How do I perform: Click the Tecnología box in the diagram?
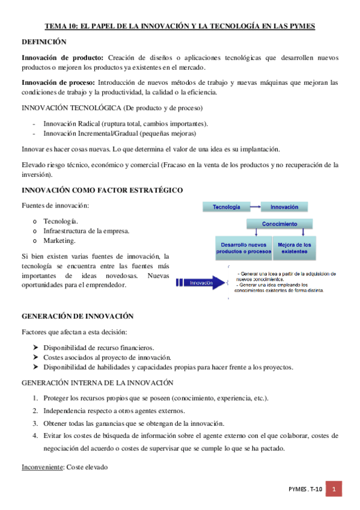tap(226, 207)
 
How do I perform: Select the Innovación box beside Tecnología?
tap(284, 207)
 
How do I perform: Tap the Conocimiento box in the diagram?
tap(279, 224)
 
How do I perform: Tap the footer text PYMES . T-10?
tap(305, 490)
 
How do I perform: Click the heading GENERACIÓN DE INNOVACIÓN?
tap(78, 316)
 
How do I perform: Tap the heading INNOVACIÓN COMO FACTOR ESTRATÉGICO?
tap(102, 190)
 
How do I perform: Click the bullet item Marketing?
tap(59, 241)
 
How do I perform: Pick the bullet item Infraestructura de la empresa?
tap(86, 230)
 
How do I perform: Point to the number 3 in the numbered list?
tap(35, 423)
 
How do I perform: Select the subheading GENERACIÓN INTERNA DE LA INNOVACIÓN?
tap(97, 382)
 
